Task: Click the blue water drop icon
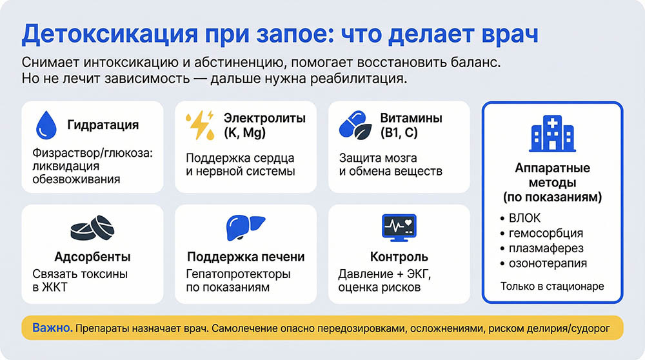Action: tap(45, 125)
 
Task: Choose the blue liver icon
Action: tap(245, 228)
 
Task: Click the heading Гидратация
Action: tap(103, 125)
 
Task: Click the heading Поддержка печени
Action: tap(246, 257)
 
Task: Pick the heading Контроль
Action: tap(399, 257)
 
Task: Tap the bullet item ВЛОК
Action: tap(524, 218)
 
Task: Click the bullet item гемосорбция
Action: tap(546, 233)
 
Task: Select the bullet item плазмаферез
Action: tap(546, 248)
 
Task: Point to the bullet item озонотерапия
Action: tap(548, 263)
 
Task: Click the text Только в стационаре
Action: tap(552, 286)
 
